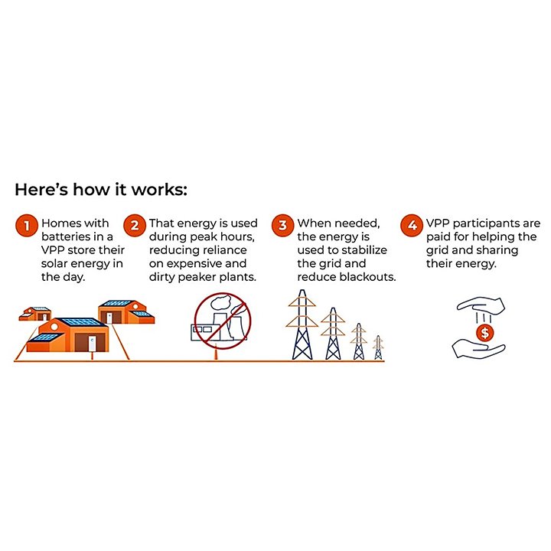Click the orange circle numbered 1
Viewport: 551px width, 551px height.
point(25,226)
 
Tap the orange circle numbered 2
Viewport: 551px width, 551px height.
point(135,226)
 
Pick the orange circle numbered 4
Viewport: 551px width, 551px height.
point(412,226)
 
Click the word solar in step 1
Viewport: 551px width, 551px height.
point(59,263)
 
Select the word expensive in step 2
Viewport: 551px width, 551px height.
point(185,263)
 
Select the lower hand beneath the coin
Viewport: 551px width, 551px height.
point(478,351)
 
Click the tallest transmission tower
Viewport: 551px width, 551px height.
point(302,325)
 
